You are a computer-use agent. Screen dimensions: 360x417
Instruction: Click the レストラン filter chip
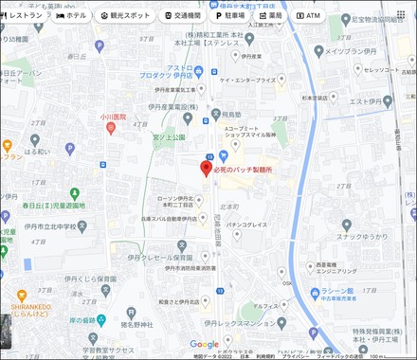pos(25,16)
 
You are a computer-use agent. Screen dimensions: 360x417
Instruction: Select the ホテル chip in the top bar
pos(71,16)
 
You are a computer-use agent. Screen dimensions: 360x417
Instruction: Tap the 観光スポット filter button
pos(125,16)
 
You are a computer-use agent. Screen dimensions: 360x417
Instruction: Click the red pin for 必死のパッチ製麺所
pos(205,168)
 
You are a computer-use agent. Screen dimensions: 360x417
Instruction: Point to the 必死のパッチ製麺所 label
pos(244,169)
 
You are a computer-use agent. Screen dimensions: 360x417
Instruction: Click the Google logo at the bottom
pos(204,344)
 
